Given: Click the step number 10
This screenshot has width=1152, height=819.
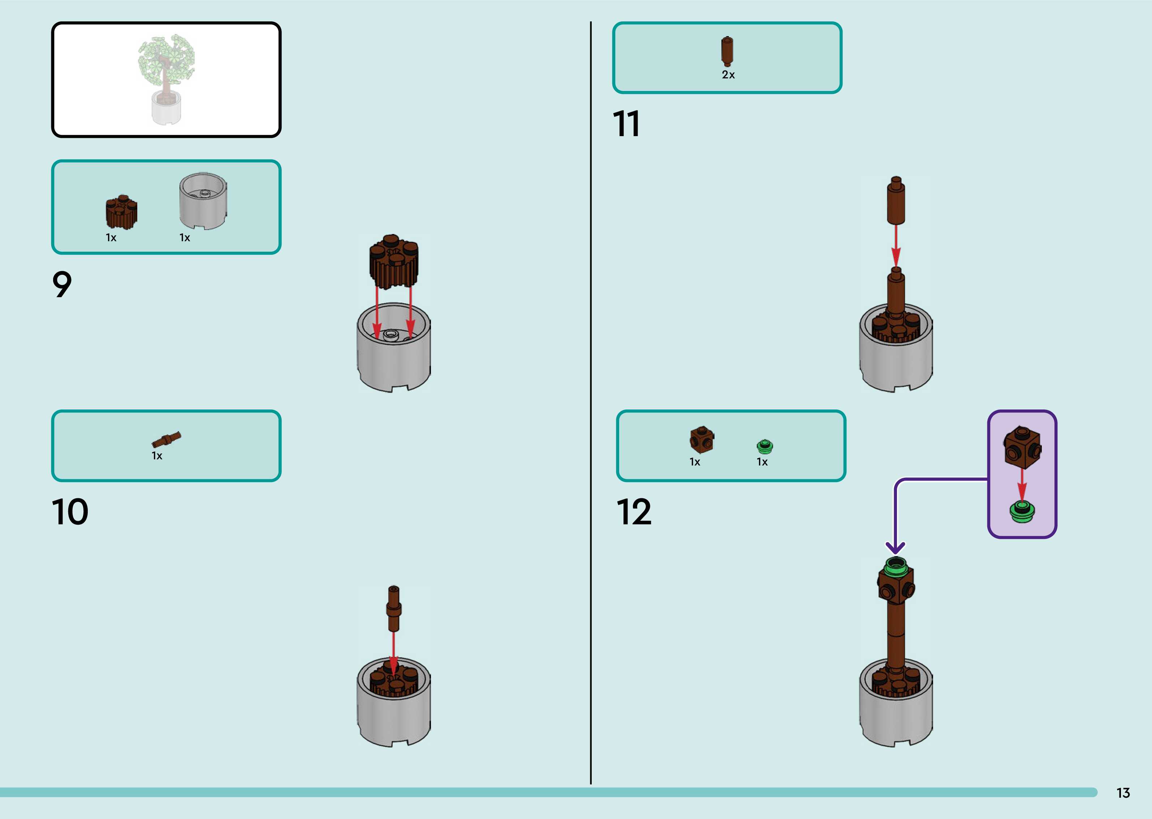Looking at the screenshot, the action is point(70,512).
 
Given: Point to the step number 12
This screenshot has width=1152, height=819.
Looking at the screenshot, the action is point(634,512).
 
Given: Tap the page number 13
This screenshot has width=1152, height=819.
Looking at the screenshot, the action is point(1123,793).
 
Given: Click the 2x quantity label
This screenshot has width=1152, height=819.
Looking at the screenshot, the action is point(728,75).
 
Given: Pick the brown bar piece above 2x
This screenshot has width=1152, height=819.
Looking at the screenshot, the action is point(727,51).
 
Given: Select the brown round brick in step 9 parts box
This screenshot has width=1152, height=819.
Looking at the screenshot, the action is point(121,212).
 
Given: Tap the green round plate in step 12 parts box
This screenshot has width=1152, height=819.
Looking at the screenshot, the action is point(765,446).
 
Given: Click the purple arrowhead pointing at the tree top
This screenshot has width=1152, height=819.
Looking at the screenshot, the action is point(895,548).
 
